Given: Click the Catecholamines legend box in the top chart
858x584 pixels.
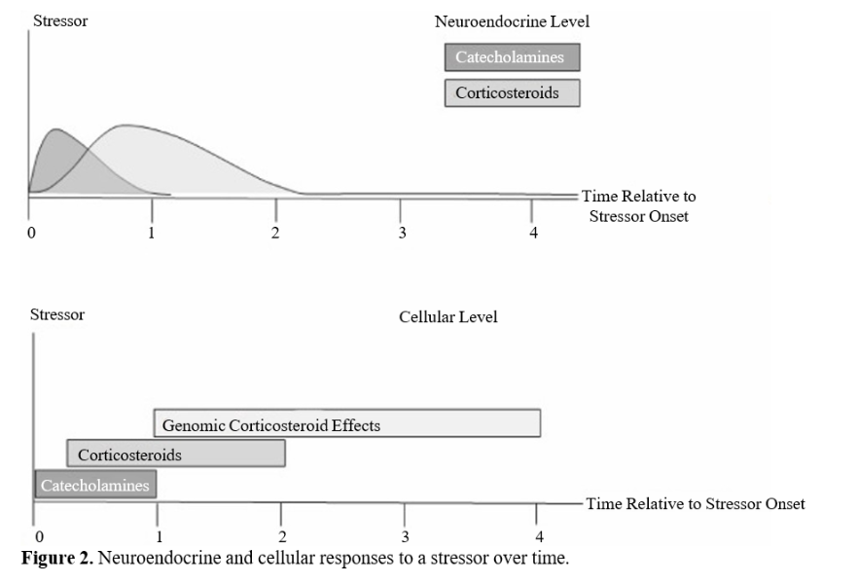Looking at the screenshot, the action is (x=512, y=57).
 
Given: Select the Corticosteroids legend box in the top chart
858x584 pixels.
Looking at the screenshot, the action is (x=512, y=93).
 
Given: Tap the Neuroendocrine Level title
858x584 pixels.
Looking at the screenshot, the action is (x=512, y=21).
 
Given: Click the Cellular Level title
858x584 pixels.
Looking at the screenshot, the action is (x=448, y=317).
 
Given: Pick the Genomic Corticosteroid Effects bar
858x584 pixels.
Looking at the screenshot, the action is (x=347, y=423).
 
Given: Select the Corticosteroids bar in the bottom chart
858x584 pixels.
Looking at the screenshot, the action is (x=176, y=454).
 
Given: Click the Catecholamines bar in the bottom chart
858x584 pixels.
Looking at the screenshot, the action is (x=95, y=485).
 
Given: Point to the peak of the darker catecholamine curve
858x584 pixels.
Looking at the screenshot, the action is (x=56, y=129).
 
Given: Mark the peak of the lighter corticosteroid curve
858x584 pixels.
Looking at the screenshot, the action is (x=125, y=126).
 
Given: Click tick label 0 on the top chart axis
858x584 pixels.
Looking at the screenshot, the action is (x=32, y=233).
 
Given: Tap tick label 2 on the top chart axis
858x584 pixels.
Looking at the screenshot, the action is (x=275, y=233).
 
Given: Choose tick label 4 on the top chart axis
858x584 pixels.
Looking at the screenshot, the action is (x=533, y=233).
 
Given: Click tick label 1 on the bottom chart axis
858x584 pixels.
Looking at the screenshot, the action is (x=160, y=536).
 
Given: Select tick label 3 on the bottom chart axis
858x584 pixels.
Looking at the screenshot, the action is (x=405, y=536).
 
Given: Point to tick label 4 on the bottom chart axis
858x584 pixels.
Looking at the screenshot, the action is (x=539, y=536).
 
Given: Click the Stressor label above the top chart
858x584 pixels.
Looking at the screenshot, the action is (x=60, y=20).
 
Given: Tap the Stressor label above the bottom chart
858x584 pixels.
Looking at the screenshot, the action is (x=57, y=314).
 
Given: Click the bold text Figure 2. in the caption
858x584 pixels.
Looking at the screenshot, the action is (x=57, y=558).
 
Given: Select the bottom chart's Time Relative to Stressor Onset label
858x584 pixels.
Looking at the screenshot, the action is (x=696, y=503).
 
